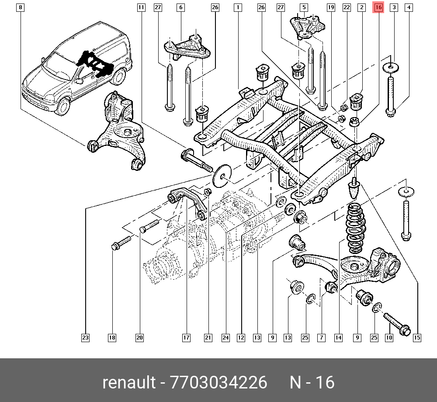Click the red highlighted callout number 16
click(378, 7)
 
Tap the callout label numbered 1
click(238, 7)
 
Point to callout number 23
click(85, 337)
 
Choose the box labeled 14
click(338, 337)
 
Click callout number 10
click(389, 337)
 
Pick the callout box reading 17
click(186, 337)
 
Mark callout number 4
click(408, 7)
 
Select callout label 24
click(225, 337)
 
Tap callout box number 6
click(180, 7)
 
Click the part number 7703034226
click(218, 383)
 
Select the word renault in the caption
click(128, 383)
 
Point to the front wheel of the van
click(62, 106)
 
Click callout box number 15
click(417, 337)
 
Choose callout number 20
click(139, 337)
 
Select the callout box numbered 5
click(304, 7)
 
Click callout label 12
click(241, 337)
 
